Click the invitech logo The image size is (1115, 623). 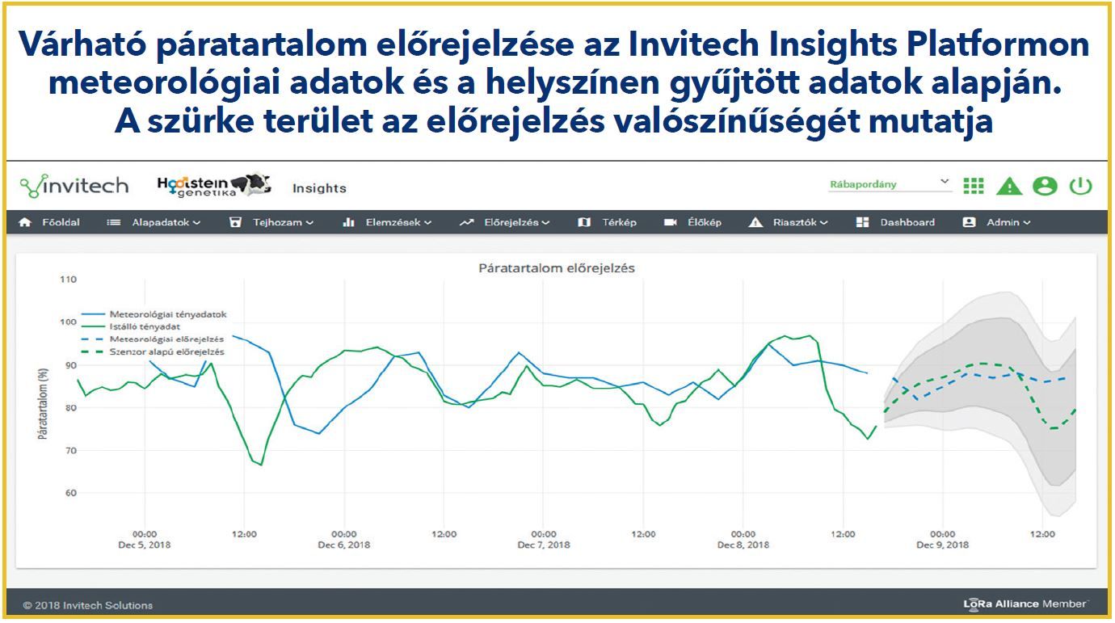[74, 186]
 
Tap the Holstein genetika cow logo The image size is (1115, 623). [214, 185]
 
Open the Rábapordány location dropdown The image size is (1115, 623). [890, 184]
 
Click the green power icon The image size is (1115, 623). [1080, 186]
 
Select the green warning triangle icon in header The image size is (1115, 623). [1009, 186]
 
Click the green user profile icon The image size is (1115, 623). [1045, 186]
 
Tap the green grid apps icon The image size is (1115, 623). [974, 186]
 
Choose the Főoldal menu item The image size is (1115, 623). [49, 222]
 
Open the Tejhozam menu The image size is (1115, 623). [271, 222]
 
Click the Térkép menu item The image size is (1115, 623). [607, 222]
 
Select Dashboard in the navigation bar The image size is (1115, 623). [895, 222]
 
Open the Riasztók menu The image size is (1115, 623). [788, 222]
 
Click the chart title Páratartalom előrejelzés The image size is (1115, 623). [557, 268]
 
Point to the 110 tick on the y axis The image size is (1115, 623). [68, 280]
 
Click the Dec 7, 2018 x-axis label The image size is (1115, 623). [544, 545]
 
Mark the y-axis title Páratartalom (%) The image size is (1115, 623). [44, 404]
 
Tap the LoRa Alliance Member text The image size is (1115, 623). [1025, 604]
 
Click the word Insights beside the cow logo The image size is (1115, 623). [319, 188]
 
